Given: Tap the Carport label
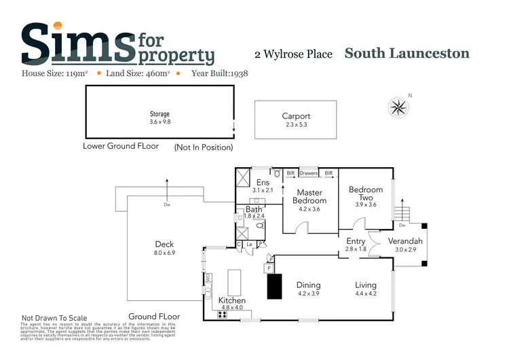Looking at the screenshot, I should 296,116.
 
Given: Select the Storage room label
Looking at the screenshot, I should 159,114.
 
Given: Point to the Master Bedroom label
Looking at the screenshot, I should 309,197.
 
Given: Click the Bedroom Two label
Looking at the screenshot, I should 366,194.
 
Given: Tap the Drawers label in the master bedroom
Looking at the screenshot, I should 309,173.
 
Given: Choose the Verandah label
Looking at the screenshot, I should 405,241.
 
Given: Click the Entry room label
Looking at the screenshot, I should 356,241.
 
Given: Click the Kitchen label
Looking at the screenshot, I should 232,300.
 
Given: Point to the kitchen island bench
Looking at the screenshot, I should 235,281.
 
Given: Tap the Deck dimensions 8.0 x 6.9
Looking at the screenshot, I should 165,253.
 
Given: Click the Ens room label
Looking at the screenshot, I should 263,182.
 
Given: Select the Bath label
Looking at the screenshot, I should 253,210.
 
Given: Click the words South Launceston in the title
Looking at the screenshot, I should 407,54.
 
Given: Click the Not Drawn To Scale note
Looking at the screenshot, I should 55,317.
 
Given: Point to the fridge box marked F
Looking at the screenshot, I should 269,268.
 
